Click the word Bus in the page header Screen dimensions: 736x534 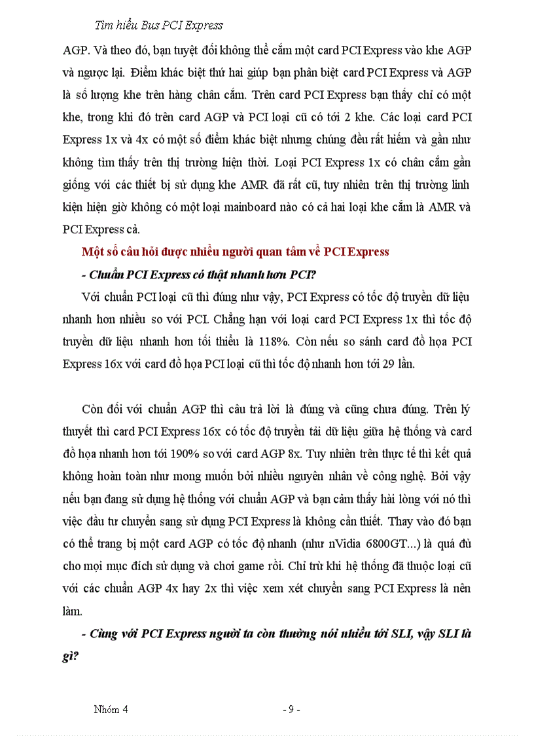(152, 26)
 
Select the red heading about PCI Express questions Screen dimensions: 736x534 (236, 252)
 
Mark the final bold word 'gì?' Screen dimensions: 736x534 (71, 655)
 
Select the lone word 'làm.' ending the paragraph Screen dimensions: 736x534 (73, 611)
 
